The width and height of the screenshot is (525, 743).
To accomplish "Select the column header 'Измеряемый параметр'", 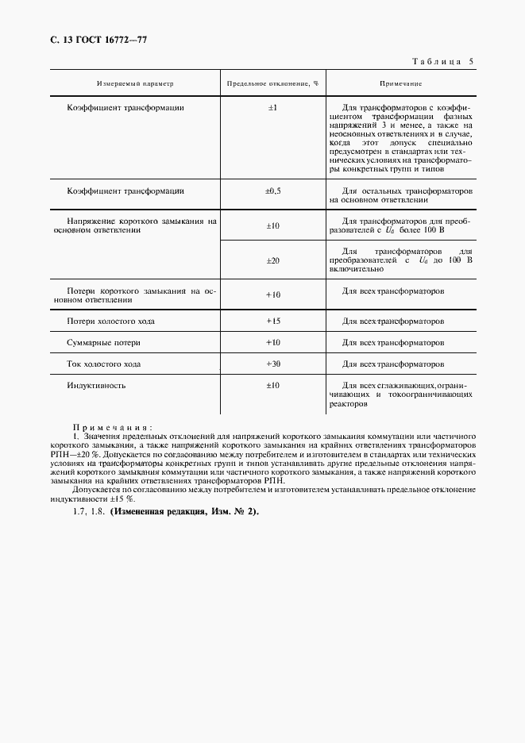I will [134, 83].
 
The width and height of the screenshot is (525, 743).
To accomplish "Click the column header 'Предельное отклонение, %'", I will [272, 83].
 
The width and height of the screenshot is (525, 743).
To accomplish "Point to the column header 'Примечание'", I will [400, 83].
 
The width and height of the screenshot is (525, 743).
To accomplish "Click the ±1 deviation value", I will [272, 106].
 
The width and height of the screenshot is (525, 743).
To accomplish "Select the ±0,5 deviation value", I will [272, 191].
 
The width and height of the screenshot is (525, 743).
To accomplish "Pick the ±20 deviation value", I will [272, 260].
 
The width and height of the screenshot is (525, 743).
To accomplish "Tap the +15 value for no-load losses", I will [272, 321].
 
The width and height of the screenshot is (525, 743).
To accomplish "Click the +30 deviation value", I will [272, 364].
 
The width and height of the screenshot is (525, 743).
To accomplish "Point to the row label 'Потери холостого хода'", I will [111, 321].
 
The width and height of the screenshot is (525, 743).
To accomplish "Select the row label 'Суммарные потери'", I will [104, 343].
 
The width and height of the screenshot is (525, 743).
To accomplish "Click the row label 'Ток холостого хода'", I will [104, 364].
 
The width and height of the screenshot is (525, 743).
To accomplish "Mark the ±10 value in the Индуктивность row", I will [272, 385].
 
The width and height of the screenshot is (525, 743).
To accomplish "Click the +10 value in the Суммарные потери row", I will [272, 343].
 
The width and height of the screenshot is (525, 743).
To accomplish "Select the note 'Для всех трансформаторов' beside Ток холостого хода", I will [392, 364].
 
